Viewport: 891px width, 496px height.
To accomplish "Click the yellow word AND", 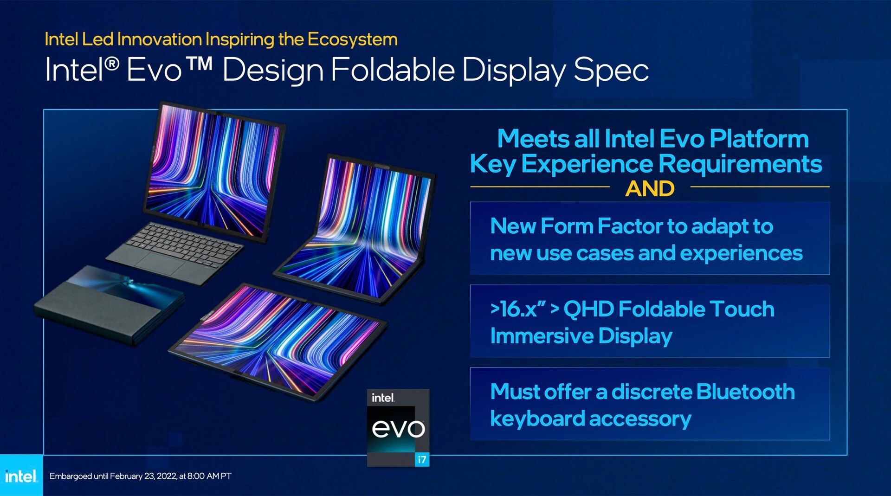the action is tap(650, 188).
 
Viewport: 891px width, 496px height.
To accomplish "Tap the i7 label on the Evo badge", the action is tap(422, 459).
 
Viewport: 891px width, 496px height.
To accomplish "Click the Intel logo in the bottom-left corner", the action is tap(21, 476).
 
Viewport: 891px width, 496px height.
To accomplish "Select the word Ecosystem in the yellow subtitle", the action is tap(352, 40).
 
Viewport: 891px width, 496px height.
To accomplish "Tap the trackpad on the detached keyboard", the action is tap(160, 264).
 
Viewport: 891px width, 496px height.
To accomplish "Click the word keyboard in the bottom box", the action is tap(537, 419).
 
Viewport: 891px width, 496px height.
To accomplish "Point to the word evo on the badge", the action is tap(398, 429).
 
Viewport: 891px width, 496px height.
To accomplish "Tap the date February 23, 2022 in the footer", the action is tap(143, 476).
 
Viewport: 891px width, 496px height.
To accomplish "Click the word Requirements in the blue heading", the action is tap(740, 164).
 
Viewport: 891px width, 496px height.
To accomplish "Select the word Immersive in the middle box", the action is tap(541, 335).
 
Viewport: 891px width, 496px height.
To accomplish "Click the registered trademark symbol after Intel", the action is tap(111, 63).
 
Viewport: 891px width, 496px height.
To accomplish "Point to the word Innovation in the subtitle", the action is tap(159, 39).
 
